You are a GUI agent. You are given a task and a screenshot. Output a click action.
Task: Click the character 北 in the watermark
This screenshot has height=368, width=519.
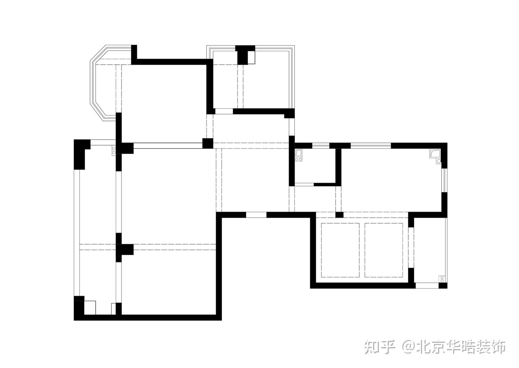[424, 347]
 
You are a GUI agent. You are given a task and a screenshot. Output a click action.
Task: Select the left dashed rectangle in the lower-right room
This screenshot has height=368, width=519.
[340, 250]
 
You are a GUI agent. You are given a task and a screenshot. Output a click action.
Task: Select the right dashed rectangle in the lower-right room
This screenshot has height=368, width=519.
[384, 250]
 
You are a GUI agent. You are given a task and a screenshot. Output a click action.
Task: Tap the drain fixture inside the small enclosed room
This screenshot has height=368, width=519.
[298, 155]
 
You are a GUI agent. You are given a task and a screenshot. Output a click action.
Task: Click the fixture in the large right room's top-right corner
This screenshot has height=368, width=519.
[435, 153]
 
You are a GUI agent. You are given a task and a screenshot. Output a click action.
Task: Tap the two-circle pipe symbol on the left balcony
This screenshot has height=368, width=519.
[114, 150]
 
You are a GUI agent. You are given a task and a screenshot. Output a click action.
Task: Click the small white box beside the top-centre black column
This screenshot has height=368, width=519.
[251, 57]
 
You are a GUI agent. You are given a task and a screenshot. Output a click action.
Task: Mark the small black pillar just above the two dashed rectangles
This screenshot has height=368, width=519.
[339, 215]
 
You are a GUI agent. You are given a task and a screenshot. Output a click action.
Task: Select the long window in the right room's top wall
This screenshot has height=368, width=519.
[371, 146]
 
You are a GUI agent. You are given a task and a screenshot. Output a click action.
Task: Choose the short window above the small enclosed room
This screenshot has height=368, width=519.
[320, 146]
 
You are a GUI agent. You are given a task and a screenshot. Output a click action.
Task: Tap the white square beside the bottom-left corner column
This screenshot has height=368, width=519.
[90, 308]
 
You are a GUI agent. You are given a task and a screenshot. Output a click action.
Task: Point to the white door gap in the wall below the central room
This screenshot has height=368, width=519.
[256, 215]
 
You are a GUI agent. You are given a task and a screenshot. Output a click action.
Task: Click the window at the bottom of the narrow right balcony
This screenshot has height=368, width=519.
[427, 285]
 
